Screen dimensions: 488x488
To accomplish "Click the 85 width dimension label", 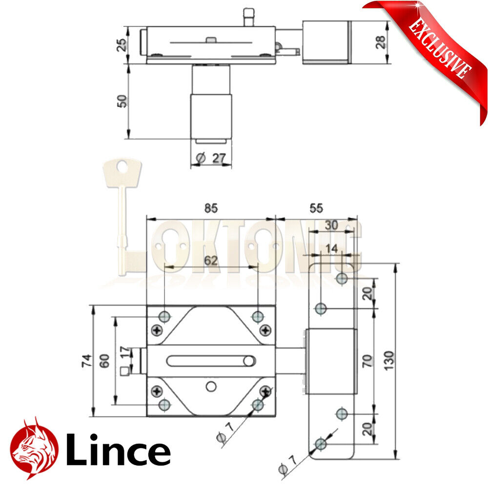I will coord(210,208).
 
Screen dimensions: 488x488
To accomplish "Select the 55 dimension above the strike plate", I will coord(316,208).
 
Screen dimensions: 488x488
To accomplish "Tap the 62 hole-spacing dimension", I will coord(210,261).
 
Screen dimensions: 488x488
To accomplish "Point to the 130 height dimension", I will coord(389,360).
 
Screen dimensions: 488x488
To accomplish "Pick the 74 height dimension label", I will coord(86,361).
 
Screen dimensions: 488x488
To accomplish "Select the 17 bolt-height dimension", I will coord(125,353).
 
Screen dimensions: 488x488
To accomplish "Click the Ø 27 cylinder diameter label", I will coord(210,158).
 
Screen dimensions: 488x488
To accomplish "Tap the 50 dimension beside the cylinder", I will coord(122,101).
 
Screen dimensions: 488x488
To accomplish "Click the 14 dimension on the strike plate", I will coord(331,248).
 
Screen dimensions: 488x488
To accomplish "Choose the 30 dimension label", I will coord(331,225).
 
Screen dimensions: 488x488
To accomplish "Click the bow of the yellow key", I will coord(122,173).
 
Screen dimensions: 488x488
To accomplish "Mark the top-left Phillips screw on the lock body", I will coord(157,330).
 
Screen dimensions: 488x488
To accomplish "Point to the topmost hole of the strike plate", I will coord(342,279).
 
